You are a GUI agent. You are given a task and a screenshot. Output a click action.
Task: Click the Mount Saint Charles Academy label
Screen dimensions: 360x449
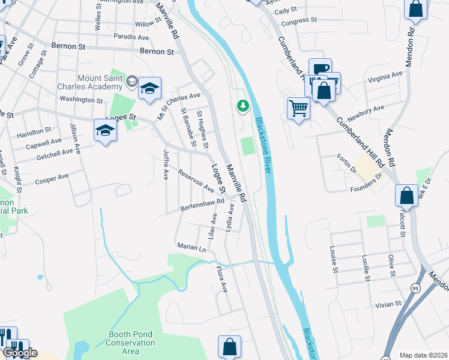coord(99,82)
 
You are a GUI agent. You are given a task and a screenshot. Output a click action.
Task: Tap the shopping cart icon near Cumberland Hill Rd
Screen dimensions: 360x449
coord(298,108)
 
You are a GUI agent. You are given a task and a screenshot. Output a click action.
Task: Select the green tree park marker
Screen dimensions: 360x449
coord(243,106)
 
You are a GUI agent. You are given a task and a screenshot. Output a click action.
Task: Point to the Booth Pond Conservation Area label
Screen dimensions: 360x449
coord(131,343)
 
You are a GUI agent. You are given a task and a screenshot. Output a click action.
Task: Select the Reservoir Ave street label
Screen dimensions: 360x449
coord(196,181)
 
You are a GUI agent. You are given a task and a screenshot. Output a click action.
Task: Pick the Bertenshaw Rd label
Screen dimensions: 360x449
coord(202,206)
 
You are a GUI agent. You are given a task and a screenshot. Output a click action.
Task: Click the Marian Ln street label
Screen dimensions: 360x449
coord(191,247)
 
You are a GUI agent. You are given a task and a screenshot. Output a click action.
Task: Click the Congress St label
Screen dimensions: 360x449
coord(299,20)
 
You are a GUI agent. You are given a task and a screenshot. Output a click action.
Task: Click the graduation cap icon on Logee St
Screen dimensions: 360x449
coord(105,130)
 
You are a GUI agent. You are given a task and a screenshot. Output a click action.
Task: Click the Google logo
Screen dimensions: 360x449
coord(19,353)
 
